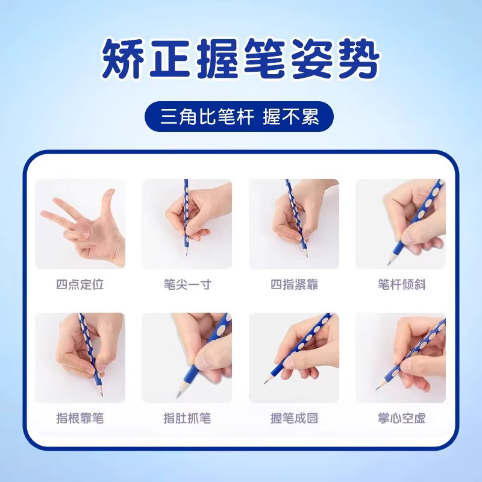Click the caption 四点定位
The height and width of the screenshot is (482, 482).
click(80, 284)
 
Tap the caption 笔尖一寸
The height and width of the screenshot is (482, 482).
click(187, 284)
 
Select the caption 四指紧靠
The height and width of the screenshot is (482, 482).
click(294, 284)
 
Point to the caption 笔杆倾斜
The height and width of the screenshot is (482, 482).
click(401, 284)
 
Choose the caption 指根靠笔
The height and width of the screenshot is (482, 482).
click(80, 418)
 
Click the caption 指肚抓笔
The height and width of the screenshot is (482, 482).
click(187, 418)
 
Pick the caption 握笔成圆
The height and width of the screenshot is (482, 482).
click(294, 418)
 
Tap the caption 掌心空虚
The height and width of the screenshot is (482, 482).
click(401, 418)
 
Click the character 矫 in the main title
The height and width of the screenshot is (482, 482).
click(123, 58)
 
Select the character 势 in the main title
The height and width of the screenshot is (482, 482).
click(359, 58)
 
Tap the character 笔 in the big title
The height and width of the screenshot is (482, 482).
click(264, 58)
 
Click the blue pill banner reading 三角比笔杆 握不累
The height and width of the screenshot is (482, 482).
click(239, 116)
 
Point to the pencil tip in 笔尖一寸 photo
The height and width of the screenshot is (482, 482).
click(186, 255)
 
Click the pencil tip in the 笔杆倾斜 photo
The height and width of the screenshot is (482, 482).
click(388, 264)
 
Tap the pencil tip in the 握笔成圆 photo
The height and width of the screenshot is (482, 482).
click(264, 383)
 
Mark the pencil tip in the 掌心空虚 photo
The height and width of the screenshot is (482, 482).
click(376, 389)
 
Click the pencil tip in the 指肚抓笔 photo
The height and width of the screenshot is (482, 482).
click(177, 397)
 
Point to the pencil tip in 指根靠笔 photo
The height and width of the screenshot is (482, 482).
click(101, 395)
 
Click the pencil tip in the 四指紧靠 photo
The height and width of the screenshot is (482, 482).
click(307, 255)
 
